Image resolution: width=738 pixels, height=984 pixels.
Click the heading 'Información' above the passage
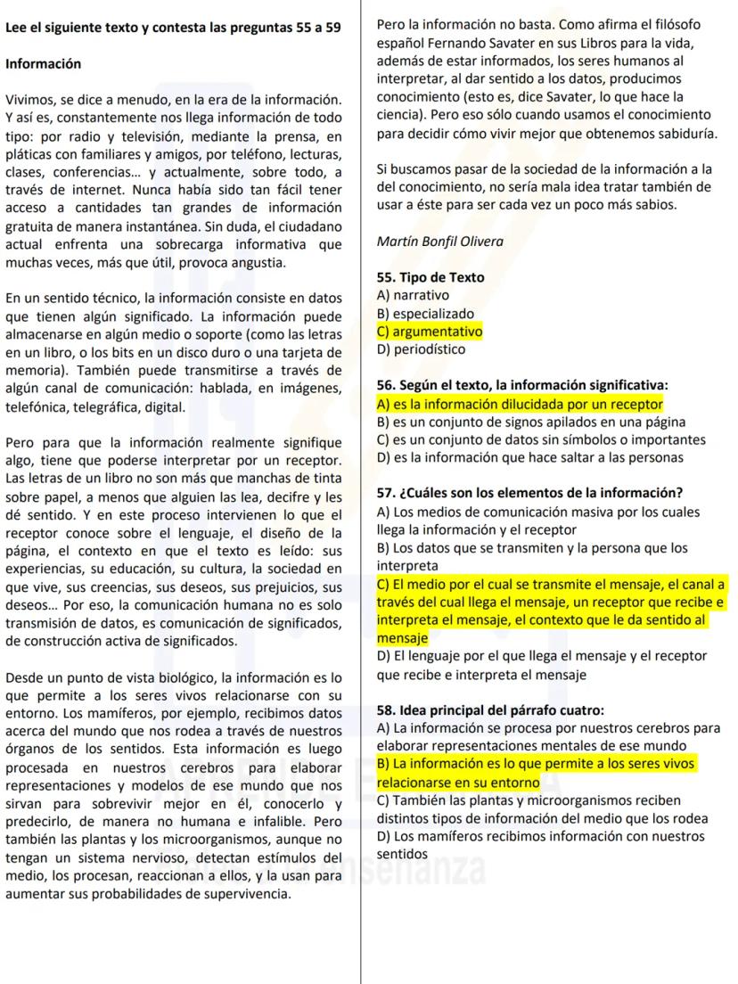click(43, 64)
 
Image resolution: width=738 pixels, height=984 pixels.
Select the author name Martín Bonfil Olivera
click(439, 241)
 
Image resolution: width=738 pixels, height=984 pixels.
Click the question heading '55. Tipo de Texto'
click(430, 277)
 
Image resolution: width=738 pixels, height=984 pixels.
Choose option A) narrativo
click(414, 295)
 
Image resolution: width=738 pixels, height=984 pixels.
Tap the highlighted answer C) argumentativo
click(430, 332)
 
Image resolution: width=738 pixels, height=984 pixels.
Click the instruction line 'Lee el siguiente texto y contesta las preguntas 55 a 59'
click(173, 28)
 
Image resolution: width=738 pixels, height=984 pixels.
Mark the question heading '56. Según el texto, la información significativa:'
click(522, 386)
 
